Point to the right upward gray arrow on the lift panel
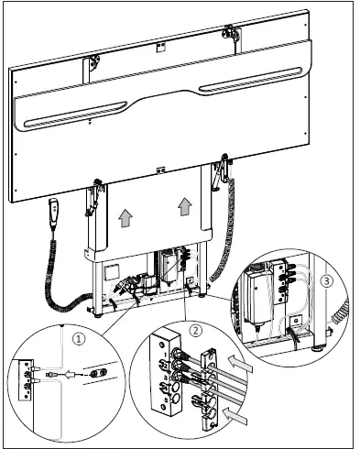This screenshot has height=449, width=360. tap(186, 206)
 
